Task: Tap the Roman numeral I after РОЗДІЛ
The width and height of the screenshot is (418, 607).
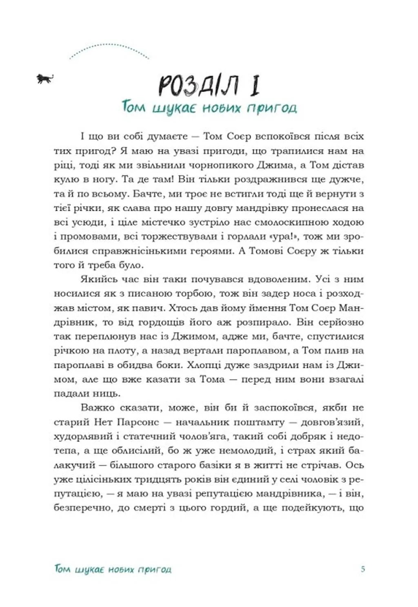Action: pyautogui.click(x=254, y=86)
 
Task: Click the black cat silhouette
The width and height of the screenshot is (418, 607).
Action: pyautogui.click(x=45, y=78)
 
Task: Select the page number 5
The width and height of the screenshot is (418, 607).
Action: pyautogui.click(x=363, y=569)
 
